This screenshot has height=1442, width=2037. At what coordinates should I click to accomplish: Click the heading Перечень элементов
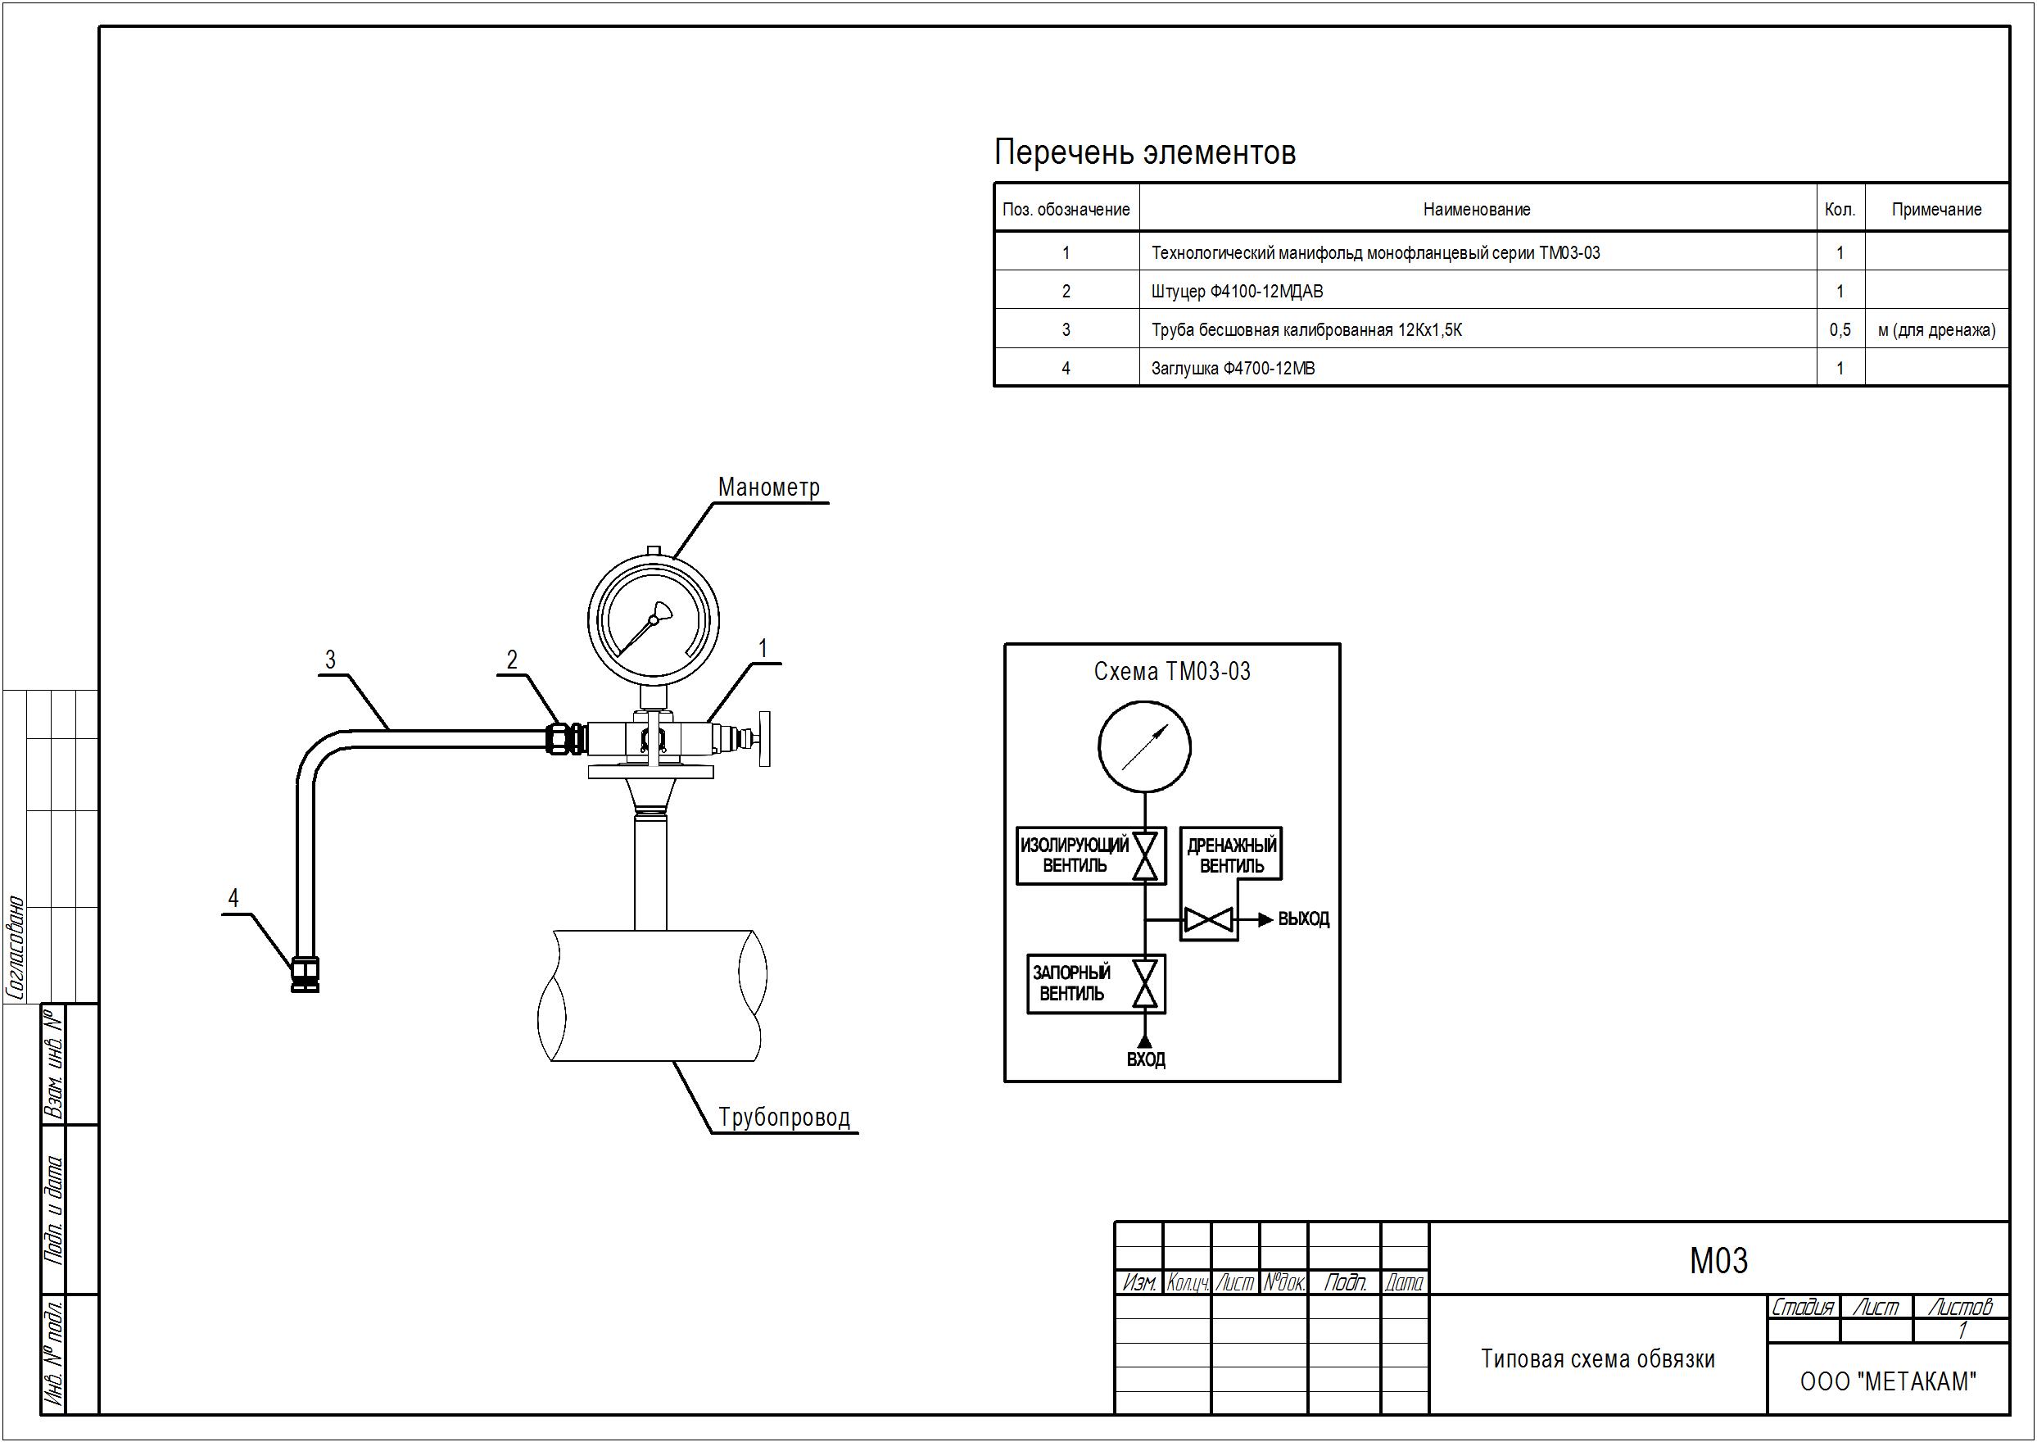[x=1144, y=152]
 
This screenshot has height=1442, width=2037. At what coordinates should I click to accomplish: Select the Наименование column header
[x=1477, y=210]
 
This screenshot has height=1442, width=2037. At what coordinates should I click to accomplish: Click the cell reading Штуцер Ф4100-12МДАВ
[x=1237, y=291]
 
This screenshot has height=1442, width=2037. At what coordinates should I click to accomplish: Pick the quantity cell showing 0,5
[x=1840, y=330]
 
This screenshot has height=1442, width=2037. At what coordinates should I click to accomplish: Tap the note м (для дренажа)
[x=1937, y=330]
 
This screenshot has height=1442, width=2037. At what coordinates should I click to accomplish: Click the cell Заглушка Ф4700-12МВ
[x=1233, y=369]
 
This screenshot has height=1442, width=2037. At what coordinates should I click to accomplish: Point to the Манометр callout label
[x=768, y=487]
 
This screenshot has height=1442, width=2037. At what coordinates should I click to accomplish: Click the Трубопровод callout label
[x=784, y=1117]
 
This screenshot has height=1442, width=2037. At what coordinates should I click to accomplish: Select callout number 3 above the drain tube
[x=330, y=660]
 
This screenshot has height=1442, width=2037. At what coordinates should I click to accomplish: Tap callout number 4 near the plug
[x=233, y=898]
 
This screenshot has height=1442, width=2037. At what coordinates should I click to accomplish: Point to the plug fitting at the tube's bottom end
[x=306, y=974]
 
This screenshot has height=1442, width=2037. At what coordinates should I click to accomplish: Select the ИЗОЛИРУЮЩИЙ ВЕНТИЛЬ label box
[x=1091, y=855]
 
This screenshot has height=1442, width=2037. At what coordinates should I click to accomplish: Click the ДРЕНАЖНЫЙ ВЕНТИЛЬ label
[x=1232, y=855]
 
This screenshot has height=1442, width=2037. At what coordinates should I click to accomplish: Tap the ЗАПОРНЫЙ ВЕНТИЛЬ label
[x=1072, y=984]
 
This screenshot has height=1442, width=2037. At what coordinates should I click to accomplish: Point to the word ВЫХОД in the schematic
[x=1304, y=920]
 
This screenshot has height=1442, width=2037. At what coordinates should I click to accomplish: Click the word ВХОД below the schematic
[x=1146, y=1059]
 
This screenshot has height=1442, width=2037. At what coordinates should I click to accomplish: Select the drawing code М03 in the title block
[x=1718, y=1261]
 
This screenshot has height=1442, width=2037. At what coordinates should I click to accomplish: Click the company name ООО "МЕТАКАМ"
[x=1888, y=1381]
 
